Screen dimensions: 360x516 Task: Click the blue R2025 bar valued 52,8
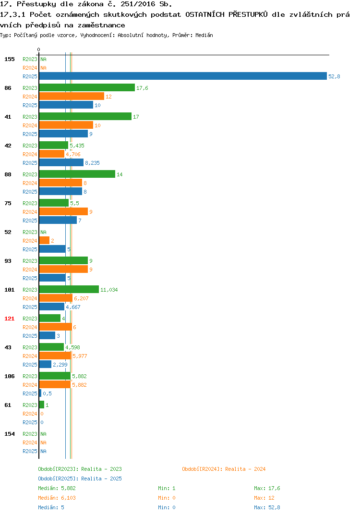tap(183, 76)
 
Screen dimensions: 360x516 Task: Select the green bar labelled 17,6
tap(87, 87)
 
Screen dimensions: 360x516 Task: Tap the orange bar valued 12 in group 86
tap(72, 96)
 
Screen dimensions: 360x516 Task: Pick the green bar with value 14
tap(77, 174)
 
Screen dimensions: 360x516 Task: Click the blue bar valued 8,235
tap(61, 162)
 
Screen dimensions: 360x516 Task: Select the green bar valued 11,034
tap(69, 289)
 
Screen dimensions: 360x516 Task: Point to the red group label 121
tap(10, 319)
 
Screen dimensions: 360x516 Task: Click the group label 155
tap(10, 59)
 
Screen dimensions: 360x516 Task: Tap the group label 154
tap(10, 434)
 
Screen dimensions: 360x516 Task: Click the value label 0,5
tap(48, 393)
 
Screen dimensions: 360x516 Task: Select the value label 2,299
tap(60, 365)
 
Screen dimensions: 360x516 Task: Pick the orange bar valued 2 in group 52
tap(44, 240)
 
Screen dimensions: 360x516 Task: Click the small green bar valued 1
tap(42, 405)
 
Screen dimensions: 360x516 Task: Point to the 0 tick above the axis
tap(39, 49)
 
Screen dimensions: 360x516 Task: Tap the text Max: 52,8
tap(267, 507)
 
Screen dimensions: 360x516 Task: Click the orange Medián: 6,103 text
tap(57, 498)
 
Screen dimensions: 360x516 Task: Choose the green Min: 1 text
tap(167, 488)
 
